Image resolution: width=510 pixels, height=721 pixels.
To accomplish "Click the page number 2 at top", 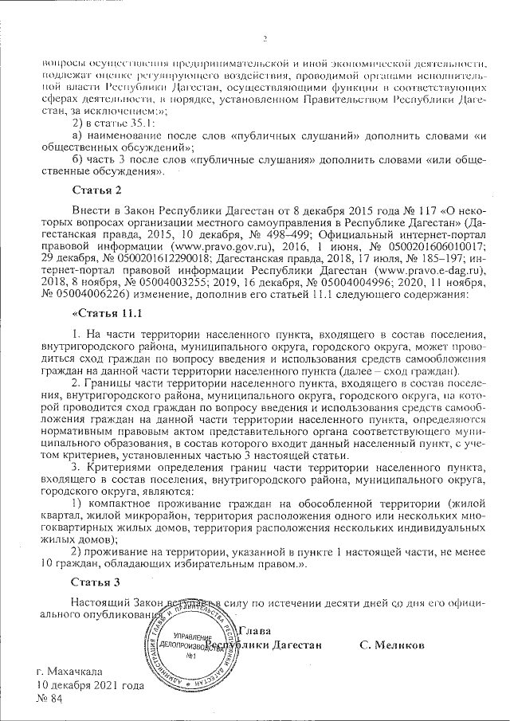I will pyautogui.click(x=265, y=38).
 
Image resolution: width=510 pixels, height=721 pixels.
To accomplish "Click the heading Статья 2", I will pyautogui.click(x=98, y=190).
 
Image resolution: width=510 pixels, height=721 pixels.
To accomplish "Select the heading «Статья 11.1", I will pyautogui.click(x=105, y=314).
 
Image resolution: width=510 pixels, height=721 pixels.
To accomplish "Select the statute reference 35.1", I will pyautogui.click(x=141, y=123).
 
